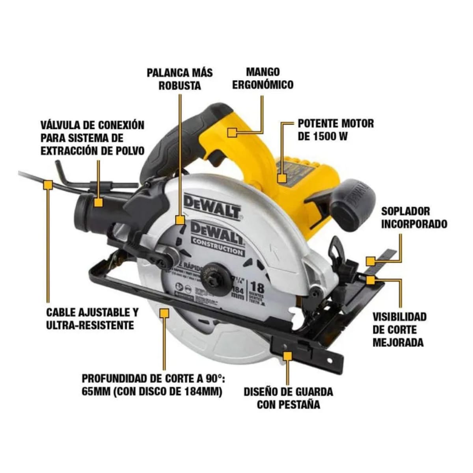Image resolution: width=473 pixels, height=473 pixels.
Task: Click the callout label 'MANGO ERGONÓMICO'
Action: tap(262, 78)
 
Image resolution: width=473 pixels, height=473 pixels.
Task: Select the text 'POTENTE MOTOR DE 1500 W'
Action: tap(335, 130)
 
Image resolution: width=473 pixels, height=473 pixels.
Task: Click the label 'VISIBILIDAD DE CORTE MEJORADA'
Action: tap(399, 330)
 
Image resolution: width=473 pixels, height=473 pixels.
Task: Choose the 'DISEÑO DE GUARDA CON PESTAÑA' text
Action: tap(288, 398)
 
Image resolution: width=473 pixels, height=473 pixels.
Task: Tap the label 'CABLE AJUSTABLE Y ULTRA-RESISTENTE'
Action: tap(92, 319)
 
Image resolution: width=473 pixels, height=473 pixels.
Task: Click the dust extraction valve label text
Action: tap(92, 138)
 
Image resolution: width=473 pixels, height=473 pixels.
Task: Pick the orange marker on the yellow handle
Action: tap(232, 132)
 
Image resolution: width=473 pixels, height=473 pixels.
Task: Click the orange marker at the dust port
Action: tap(98, 202)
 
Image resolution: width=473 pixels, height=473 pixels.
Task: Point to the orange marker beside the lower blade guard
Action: tap(164, 313)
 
